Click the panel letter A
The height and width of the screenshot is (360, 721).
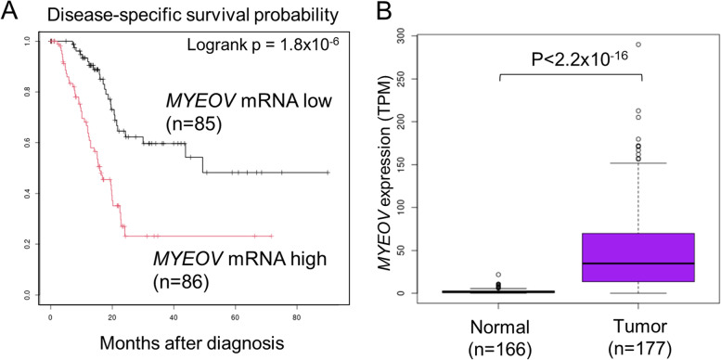[11, 12]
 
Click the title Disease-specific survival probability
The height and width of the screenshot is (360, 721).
[168, 13]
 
